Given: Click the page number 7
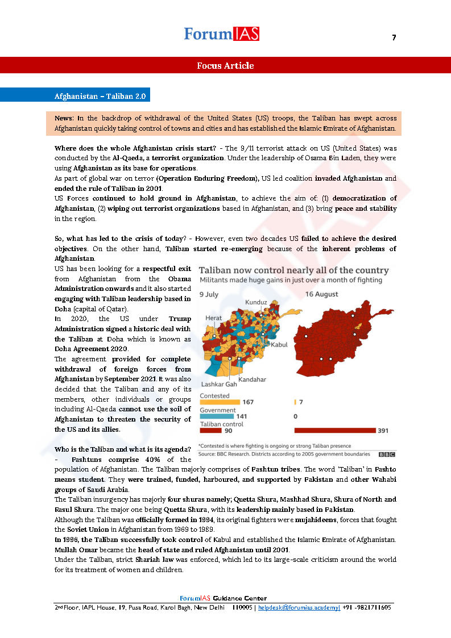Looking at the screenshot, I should click(x=394, y=37).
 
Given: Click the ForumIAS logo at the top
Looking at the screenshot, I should click(x=221, y=34).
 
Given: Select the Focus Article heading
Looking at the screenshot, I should click(x=225, y=65).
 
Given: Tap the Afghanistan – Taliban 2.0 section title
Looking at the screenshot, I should click(x=100, y=96).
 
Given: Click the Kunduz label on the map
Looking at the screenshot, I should click(x=256, y=302).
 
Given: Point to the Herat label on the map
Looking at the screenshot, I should click(x=214, y=318).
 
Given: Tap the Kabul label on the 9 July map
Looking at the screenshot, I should click(x=279, y=344).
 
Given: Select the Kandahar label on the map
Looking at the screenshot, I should click(x=252, y=379).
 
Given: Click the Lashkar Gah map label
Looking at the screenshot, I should click(x=218, y=384).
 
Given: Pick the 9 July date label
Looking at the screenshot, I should click(x=209, y=294).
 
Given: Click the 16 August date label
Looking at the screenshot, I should click(x=321, y=294).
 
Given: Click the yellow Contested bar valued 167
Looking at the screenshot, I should click(x=220, y=402).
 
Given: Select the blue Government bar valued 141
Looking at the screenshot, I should click(x=217, y=416).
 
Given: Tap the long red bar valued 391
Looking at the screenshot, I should click(x=334, y=431).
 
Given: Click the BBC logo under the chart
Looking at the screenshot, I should click(x=387, y=454).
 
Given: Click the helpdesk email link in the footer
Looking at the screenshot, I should click(x=299, y=607).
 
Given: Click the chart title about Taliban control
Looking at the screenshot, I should click(x=294, y=270).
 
